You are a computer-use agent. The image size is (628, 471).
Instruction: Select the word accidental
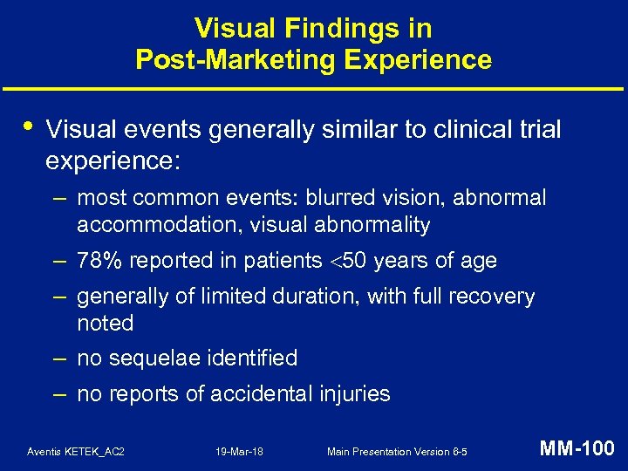click(x=247, y=393)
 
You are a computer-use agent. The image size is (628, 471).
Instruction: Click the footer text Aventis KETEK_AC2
click(x=76, y=451)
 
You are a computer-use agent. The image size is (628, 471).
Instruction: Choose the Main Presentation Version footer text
click(x=397, y=451)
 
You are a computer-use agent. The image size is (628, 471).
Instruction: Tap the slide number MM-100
click(x=577, y=449)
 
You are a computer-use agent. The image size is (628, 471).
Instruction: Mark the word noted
click(x=105, y=324)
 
